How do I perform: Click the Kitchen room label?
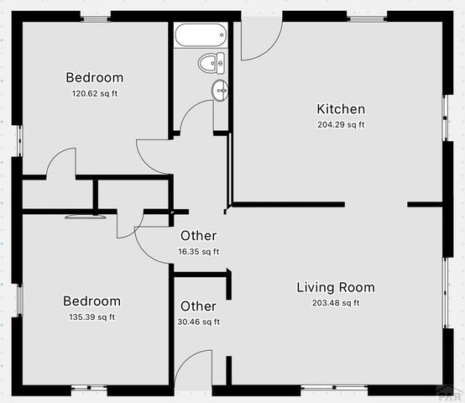point(340,108)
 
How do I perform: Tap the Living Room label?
point(335,287)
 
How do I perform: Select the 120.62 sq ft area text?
point(94,93)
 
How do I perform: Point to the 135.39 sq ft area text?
point(91,317)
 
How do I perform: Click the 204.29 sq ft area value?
point(340,124)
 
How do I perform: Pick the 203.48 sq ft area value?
point(335,303)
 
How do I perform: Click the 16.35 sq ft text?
point(198,251)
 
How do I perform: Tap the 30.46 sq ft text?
point(198,322)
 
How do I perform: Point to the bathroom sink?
point(221,90)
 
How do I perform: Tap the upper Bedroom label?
point(94,78)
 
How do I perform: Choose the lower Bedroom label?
point(91,301)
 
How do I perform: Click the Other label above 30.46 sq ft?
point(198,306)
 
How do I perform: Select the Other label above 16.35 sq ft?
point(198,236)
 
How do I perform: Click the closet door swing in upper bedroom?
point(61,164)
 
